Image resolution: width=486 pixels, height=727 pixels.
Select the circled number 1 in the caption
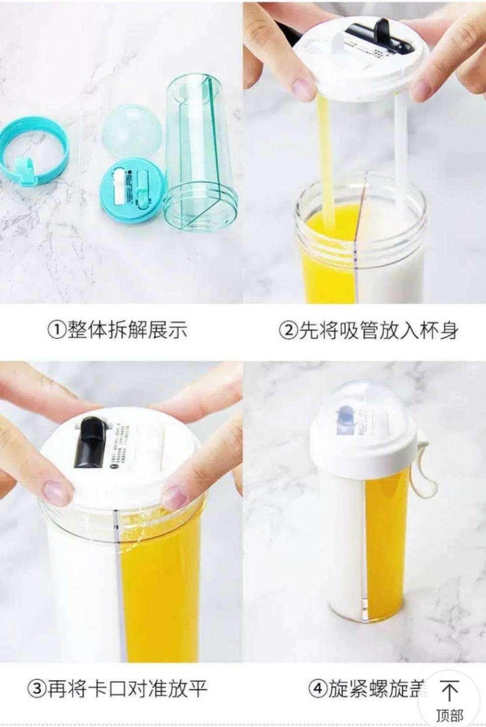point(56,330)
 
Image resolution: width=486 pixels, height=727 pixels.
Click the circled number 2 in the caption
point(288,330)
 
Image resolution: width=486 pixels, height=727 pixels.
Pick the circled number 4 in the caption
point(317,689)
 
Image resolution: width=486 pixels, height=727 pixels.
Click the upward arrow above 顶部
point(449,691)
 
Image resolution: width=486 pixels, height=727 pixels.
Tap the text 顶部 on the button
point(449,715)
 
